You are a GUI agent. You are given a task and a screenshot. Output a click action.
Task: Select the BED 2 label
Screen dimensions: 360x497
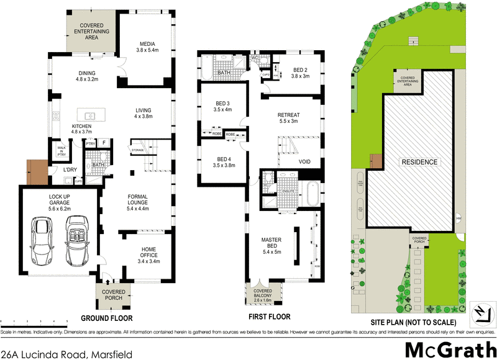click(300, 73)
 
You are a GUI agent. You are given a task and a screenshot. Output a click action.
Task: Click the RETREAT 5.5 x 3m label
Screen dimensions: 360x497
click(288, 118)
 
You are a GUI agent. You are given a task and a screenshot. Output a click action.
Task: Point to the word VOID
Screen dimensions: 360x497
click(304, 162)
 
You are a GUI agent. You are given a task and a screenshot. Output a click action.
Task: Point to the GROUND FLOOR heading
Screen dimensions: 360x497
click(107, 318)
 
